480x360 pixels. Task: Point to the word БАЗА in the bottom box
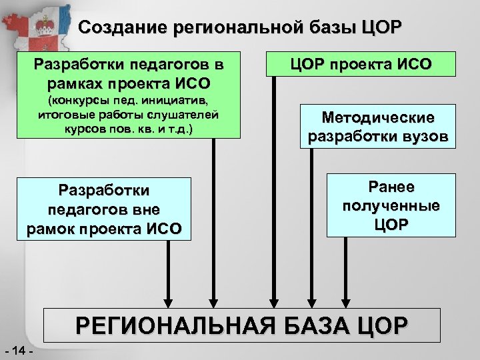click(x=307, y=326)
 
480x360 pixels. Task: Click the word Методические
click(x=377, y=118)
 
